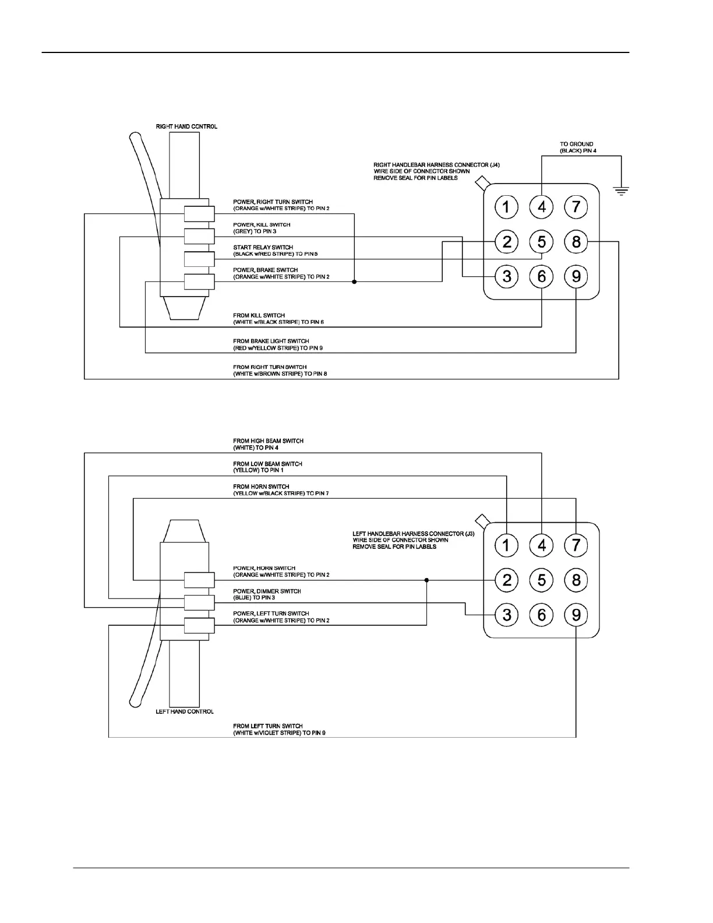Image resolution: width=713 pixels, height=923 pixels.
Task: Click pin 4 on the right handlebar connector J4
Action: [x=542, y=207]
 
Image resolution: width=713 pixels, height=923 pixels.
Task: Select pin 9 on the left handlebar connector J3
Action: [x=576, y=615]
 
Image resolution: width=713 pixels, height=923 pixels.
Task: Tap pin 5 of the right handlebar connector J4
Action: [x=542, y=241]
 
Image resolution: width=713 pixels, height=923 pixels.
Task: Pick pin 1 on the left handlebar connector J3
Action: [x=506, y=545]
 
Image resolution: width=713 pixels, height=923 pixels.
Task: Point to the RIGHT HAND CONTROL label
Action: [x=186, y=126]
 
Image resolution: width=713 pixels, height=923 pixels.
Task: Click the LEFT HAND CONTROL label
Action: [x=185, y=711]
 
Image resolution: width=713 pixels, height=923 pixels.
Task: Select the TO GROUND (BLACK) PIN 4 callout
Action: [x=578, y=147]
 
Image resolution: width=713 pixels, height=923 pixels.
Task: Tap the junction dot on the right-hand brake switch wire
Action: [x=354, y=282]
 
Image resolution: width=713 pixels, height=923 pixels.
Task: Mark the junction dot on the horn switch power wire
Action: [x=426, y=580]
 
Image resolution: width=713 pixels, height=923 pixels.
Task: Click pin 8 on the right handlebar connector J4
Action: [x=576, y=241]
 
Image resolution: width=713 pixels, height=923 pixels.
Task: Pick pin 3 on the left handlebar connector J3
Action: [x=506, y=615]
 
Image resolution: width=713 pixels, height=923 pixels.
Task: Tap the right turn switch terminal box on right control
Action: [x=199, y=214]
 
